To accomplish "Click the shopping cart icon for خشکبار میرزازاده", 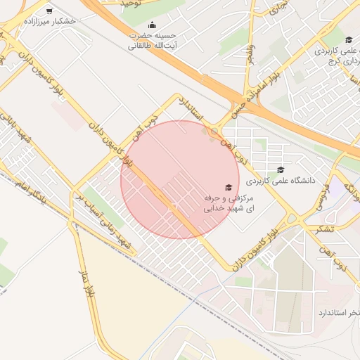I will click(x=49, y=11).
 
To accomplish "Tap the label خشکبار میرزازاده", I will click(x=49, y=21).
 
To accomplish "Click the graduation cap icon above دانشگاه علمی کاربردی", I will click(x=281, y=169).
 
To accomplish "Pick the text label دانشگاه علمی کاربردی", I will click(x=281, y=179).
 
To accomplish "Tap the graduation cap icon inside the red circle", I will click(x=227, y=187).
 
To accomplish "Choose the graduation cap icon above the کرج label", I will click(x=349, y=39).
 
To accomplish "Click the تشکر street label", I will click(x=321, y=229).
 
